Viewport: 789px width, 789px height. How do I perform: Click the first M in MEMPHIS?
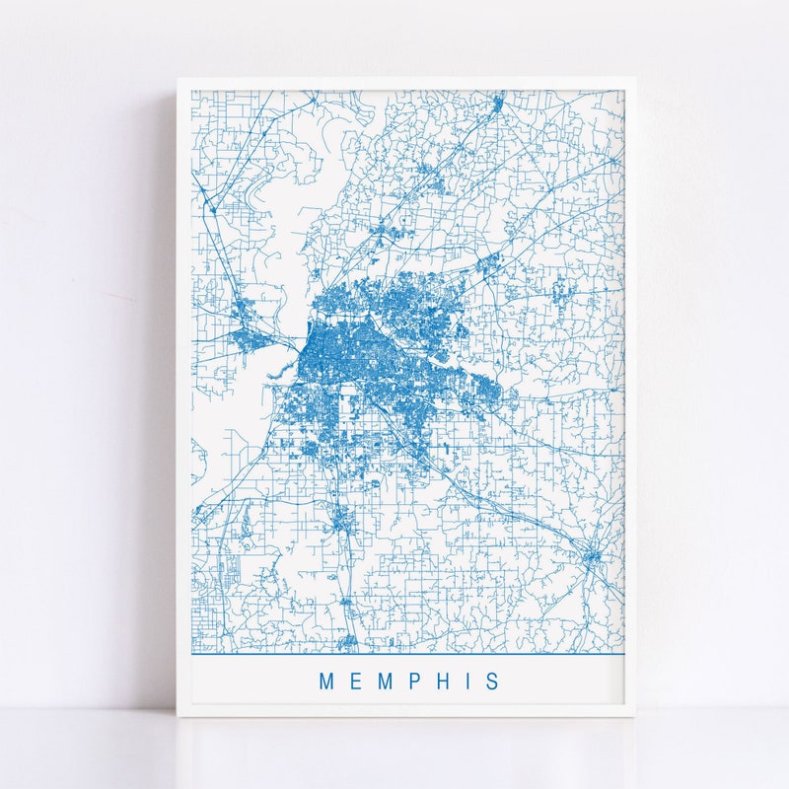(326, 681)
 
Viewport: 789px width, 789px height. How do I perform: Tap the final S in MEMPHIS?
(491, 681)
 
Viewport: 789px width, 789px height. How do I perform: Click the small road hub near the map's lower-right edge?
(592, 558)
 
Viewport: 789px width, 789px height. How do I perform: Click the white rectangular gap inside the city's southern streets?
(347, 403)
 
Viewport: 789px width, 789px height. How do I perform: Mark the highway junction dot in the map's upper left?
(210, 208)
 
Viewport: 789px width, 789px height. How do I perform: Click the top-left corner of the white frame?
(179, 79)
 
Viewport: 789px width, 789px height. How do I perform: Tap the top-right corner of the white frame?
(634, 79)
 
